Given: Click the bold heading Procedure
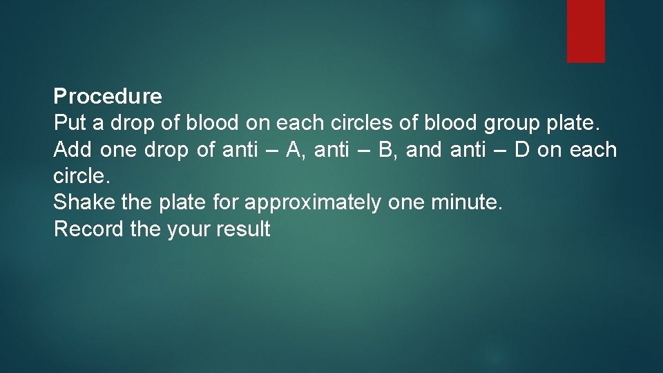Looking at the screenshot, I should pos(108,96).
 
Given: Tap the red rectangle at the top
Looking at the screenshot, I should pos(586,31).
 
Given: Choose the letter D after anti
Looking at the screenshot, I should pos(521,149).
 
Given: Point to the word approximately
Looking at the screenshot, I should pos(312,202).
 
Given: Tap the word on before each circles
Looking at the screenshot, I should pos(259,123).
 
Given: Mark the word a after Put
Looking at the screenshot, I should pos(98,123).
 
